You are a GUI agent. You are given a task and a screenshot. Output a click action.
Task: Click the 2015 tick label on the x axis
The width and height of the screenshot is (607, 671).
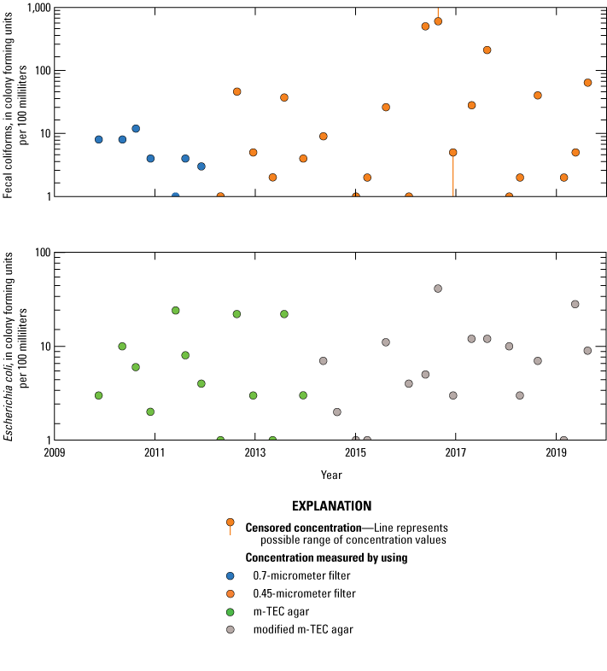355,453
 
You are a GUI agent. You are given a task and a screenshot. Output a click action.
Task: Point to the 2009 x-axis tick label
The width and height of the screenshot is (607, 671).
54,453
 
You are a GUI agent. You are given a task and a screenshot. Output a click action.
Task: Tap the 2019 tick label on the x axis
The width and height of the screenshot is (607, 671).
556,453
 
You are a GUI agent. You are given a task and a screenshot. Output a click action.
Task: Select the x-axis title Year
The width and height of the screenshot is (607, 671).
332,474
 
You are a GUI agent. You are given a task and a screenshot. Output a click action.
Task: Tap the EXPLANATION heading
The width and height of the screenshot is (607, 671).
331,505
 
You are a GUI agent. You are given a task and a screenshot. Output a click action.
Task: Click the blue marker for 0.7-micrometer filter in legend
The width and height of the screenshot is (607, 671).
230,575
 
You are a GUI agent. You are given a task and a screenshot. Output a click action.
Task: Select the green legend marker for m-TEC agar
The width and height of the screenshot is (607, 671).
230,611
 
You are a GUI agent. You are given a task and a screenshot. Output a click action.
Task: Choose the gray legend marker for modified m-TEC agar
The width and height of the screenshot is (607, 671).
230,629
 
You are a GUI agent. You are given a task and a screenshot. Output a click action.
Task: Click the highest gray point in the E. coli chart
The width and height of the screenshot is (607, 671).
438,289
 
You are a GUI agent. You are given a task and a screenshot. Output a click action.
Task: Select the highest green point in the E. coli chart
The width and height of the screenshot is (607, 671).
175,310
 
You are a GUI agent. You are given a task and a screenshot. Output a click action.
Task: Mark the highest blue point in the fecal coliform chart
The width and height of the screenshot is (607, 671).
136,129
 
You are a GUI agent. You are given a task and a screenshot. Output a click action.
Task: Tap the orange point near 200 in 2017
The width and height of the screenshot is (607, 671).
487,50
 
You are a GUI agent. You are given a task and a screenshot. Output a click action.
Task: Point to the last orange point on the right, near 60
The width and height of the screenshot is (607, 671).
587,83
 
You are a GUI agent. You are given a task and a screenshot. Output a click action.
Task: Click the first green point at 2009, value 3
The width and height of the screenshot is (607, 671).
99,395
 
